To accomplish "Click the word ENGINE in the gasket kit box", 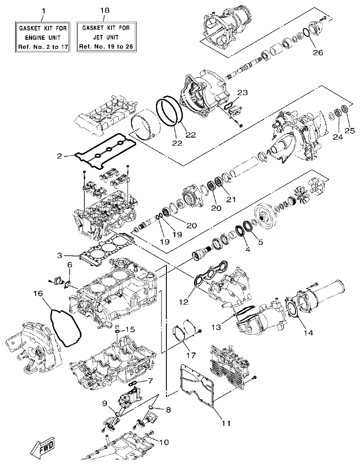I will point(43,37).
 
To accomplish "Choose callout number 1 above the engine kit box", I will point(43,9).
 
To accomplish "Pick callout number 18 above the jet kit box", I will point(104,9).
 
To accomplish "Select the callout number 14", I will point(308,333).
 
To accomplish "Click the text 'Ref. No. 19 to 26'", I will point(104,46).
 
